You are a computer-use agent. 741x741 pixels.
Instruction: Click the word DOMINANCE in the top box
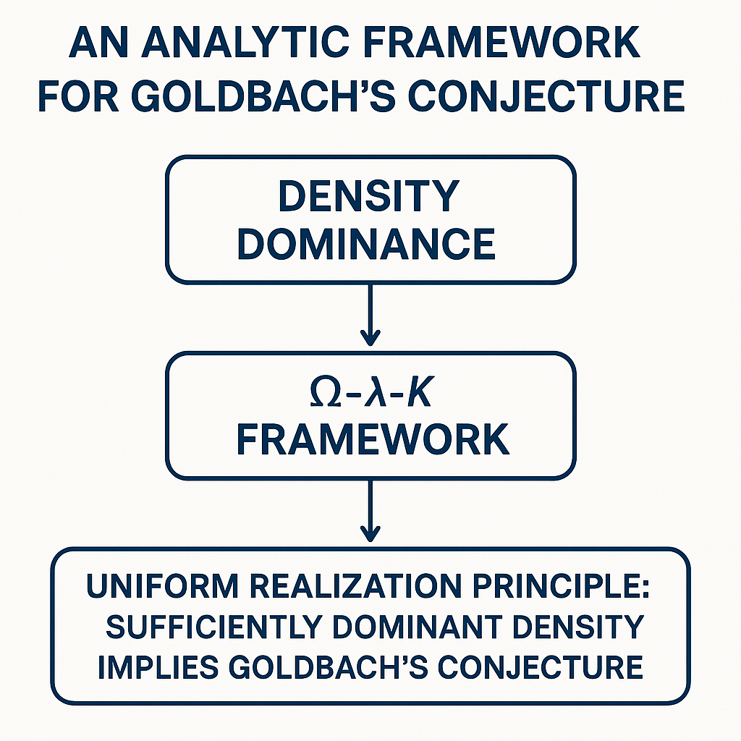(366, 244)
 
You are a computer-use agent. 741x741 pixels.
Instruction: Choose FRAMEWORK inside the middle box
(372, 439)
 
